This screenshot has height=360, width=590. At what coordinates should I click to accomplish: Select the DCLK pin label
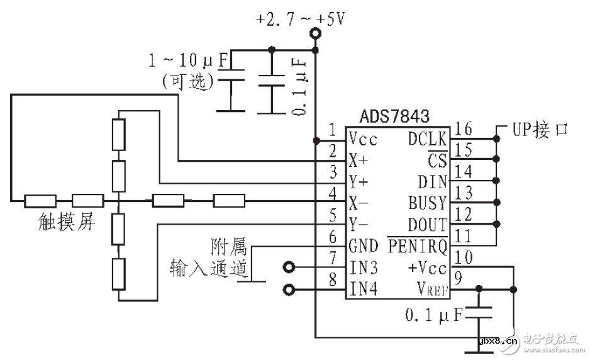pos(428,138)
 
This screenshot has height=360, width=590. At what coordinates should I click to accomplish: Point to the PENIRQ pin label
pos(417,245)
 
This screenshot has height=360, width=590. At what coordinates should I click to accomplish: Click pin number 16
pos(464,129)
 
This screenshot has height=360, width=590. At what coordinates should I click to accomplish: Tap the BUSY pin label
pos(427,203)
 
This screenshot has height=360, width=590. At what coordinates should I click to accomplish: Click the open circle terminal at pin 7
pos(289,267)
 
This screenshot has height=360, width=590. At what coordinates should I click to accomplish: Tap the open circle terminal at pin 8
pos(289,290)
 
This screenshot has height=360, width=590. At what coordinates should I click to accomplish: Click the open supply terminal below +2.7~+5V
pos(315,38)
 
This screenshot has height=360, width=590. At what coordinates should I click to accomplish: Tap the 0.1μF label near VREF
pos(435,313)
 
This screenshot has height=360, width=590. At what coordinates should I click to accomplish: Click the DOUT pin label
pos(427,225)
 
